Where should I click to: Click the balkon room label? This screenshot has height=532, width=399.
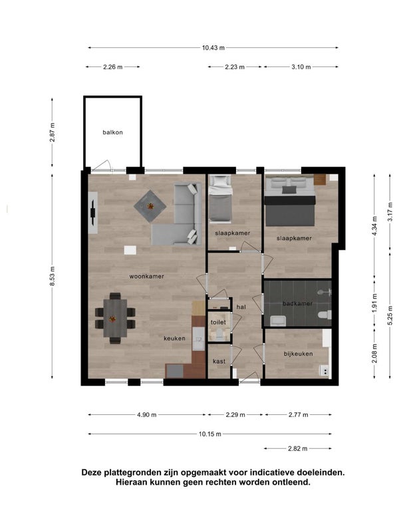coord(112,132)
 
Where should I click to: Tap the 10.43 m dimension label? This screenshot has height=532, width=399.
coord(213,48)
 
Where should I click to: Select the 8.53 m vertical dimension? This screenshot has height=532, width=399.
coord(53,276)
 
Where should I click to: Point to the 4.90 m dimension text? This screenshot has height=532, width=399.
coord(146,414)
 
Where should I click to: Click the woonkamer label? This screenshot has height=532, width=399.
coord(146,277)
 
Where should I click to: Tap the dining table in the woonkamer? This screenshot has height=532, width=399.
coord(115,318)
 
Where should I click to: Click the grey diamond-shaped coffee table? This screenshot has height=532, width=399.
coord(150,206)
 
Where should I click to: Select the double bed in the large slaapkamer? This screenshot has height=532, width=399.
coord(290,201)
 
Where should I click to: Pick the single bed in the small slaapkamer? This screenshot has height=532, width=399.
coord(220,199)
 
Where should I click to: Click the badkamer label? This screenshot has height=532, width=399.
coord(297,303)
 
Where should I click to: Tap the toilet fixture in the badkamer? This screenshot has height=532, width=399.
coord(325,315)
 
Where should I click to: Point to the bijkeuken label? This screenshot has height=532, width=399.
coord(298,354)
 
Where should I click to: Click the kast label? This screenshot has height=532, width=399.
coord(219,361)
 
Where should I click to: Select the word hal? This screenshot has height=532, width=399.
coord(241,307)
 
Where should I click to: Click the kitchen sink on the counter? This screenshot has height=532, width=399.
coord(198,338)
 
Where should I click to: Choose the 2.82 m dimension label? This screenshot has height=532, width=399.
coord(297,448)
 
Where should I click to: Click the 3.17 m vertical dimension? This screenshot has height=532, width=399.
coord(390,211)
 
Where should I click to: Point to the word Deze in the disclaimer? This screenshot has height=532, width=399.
coord(92,472)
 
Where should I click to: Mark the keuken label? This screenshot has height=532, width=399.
coord(174,338)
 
